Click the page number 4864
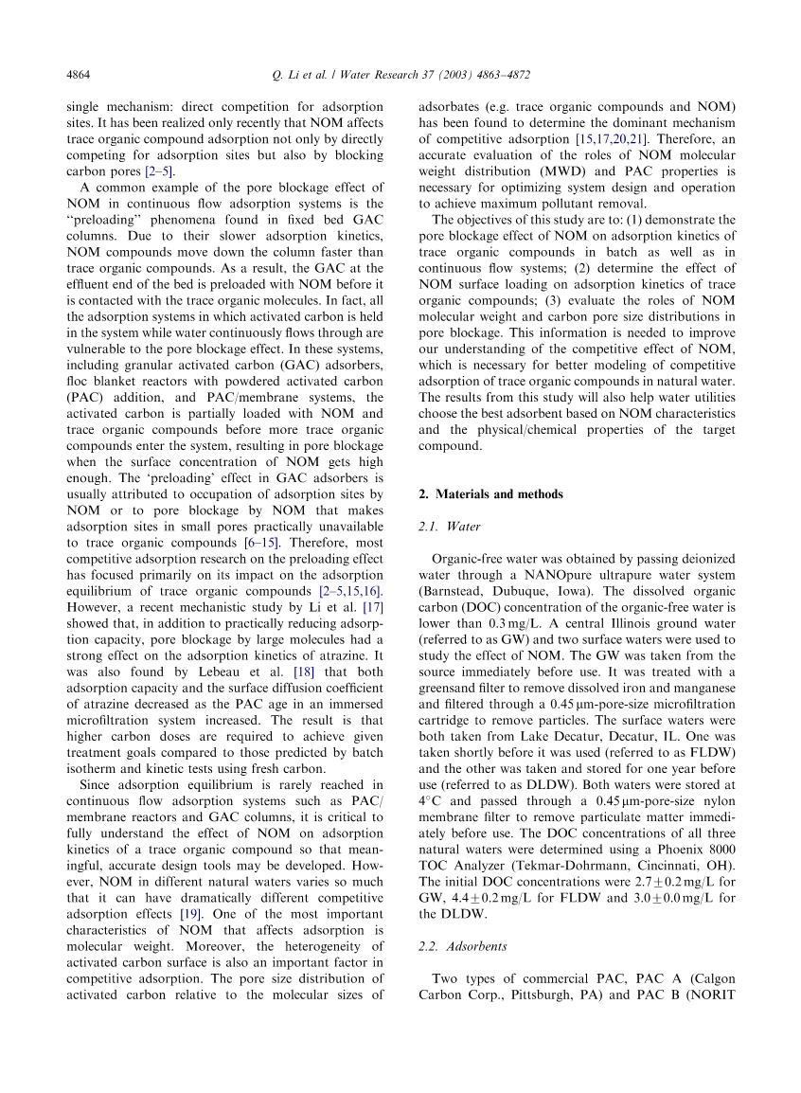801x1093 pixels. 78,74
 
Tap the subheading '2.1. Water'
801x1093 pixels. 450,526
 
